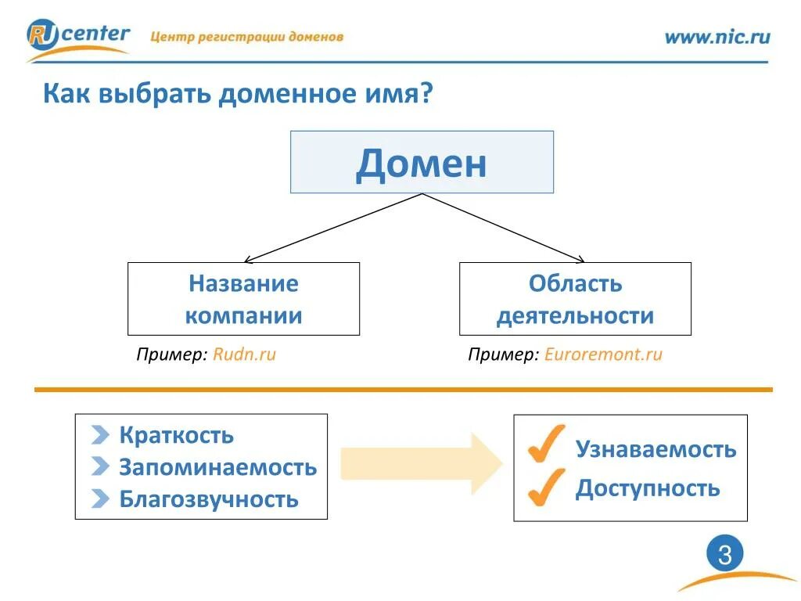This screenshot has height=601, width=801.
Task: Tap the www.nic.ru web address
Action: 717,37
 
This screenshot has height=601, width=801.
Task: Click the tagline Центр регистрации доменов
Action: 246,37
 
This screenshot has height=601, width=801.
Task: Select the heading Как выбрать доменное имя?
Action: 238,95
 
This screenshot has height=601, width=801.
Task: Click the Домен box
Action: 422,162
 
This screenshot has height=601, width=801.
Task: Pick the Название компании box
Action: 243,299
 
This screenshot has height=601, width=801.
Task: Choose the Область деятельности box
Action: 575,299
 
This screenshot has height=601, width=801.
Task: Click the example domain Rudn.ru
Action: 245,354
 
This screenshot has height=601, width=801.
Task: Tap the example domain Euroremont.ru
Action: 603,354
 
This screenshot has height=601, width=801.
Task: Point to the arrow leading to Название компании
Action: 332,228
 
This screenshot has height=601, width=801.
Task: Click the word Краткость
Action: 176,435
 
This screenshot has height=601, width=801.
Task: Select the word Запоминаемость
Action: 217,468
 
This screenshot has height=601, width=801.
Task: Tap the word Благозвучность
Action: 209,499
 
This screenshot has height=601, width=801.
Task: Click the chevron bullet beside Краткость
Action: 100,435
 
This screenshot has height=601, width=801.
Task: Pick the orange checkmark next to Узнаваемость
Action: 546,444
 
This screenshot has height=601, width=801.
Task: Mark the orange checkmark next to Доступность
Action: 546,487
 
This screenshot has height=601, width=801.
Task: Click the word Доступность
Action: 647,489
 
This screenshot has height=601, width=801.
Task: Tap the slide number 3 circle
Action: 724,556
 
